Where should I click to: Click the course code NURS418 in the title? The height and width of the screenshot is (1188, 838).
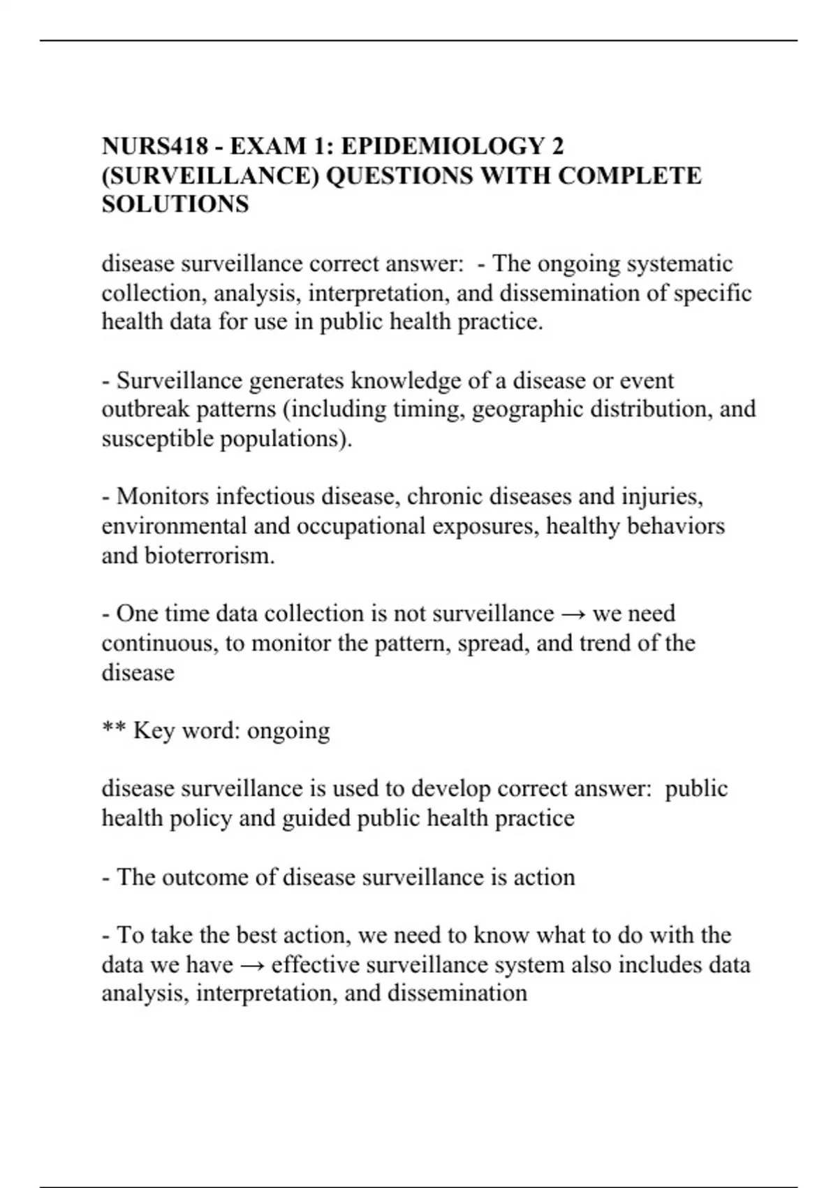point(155,146)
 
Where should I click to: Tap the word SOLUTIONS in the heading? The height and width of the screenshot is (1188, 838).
point(175,204)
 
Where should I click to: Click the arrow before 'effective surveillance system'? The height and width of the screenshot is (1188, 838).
point(252,965)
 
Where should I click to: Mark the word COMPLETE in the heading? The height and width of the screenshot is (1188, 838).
point(629,175)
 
